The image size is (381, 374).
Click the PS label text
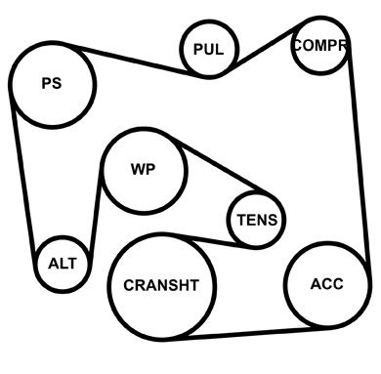(52, 83)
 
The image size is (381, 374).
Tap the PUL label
(209, 50)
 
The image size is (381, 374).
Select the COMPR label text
(320, 45)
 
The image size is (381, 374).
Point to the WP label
(144, 170)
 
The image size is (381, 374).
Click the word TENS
(257, 220)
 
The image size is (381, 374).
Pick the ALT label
(63, 264)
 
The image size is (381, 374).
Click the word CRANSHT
(161, 285)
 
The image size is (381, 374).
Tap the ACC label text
(326, 284)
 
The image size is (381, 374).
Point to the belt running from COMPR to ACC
(360, 156)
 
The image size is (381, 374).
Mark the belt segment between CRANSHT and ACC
(247, 334)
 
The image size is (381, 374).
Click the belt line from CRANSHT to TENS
(208, 240)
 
